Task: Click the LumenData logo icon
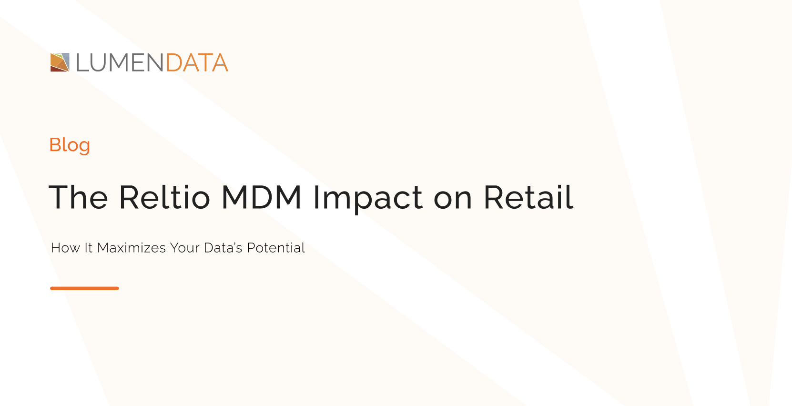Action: coord(60,62)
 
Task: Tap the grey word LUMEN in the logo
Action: coord(120,63)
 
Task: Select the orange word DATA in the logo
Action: coord(197,63)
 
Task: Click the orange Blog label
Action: coord(70,145)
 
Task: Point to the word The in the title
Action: coord(79,197)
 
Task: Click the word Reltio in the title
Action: coord(164,197)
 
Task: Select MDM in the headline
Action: coord(262,197)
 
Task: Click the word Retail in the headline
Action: coord(528,197)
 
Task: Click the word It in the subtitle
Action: coord(88,248)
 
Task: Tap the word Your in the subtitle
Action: coord(184,248)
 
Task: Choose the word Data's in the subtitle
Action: coord(223,248)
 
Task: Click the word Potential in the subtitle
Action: coord(275,248)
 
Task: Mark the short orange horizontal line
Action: coord(84,288)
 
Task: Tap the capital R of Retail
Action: coord(494,197)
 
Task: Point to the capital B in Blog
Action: coord(55,144)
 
